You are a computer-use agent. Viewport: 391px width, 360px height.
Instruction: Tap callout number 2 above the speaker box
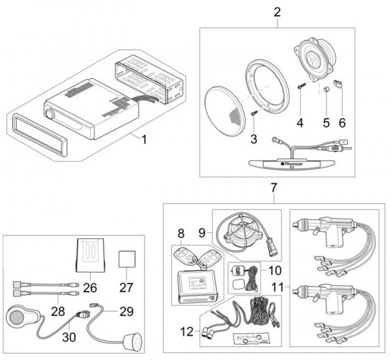pyautogui.click(x=278, y=12)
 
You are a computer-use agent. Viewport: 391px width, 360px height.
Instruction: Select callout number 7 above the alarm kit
pyautogui.click(x=274, y=189)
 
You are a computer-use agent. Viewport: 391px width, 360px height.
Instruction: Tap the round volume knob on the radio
pyautogui.click(x=50, y=114)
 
